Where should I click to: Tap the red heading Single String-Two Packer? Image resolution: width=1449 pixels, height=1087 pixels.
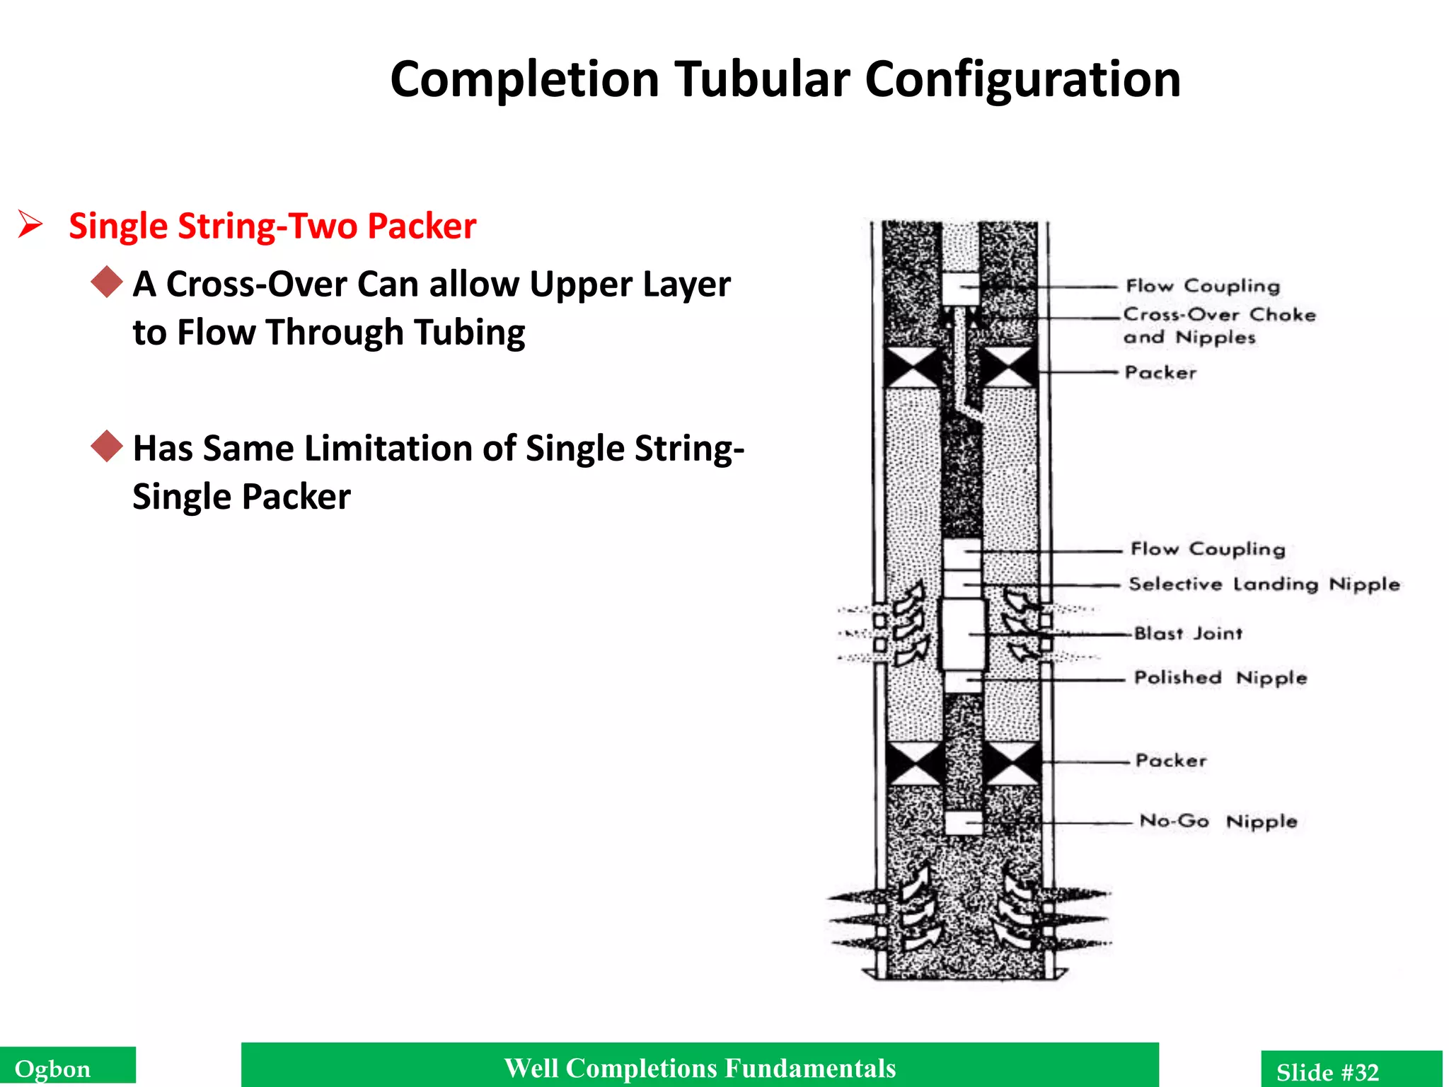[x=272, y=226]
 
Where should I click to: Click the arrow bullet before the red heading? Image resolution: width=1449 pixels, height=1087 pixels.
[x=30, y=224]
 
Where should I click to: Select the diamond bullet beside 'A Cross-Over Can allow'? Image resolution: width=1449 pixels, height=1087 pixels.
[x=107, y=282]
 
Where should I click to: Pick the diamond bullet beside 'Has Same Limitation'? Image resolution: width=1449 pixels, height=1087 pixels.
[x=107, y=446]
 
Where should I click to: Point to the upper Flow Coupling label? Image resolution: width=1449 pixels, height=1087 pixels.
[x=1203, y=286]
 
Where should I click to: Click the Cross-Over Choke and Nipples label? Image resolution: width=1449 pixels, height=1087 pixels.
[x=1218, y=326]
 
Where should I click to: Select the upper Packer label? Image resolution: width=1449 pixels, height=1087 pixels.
[x=1160, y=372]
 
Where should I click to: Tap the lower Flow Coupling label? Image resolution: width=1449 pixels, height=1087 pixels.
[x=1207, y=549]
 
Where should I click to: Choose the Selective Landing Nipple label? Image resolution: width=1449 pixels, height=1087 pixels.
[x=1264, y=585]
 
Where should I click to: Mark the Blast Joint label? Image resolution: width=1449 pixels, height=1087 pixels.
[x=1188, y=633]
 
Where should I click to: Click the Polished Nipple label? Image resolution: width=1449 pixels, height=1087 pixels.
[x=1220, y=678]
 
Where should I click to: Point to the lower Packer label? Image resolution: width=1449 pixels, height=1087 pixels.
[x=1171, y=761]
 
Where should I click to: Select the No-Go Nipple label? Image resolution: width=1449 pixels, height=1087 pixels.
[x=1218, y=822]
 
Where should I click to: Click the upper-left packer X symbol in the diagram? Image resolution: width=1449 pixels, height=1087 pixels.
[x=913, y=367]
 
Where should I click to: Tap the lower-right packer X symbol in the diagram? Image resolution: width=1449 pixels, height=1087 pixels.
[x=1012, y=764]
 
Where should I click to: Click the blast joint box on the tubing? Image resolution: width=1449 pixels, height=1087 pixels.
[x=962, y=635]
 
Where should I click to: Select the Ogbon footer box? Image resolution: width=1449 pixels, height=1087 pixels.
[x=67, y=1067]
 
